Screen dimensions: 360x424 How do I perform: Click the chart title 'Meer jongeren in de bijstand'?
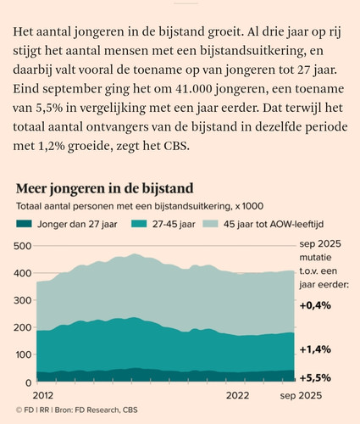click(105, 188)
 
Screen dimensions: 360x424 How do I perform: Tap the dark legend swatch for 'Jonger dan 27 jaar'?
click(24, 224)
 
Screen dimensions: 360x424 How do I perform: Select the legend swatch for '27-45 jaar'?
click(139, 224)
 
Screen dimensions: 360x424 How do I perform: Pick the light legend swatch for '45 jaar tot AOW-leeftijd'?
click(210, 224)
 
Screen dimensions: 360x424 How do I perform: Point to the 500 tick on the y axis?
click(22, 246)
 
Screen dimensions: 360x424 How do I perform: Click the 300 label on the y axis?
click(22, 300)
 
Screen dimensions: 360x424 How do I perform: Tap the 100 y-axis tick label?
click(23, 354)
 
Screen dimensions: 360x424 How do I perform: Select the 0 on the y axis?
click(29, 383)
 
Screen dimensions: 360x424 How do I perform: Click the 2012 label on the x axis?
click(43, 395)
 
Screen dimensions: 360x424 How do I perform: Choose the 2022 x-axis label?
click(238, 395)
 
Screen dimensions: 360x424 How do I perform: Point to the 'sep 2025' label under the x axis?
click(301, 395)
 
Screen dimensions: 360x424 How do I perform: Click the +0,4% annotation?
click(315, 305)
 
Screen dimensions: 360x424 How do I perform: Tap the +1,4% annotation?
click(315, 349)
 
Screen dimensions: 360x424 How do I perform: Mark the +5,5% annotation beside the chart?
click(315, 378)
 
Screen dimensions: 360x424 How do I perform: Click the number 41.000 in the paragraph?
click(193, 89)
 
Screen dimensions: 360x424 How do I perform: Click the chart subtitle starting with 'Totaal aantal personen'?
click(140, 206)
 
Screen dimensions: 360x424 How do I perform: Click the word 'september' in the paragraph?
click(72, 89)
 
